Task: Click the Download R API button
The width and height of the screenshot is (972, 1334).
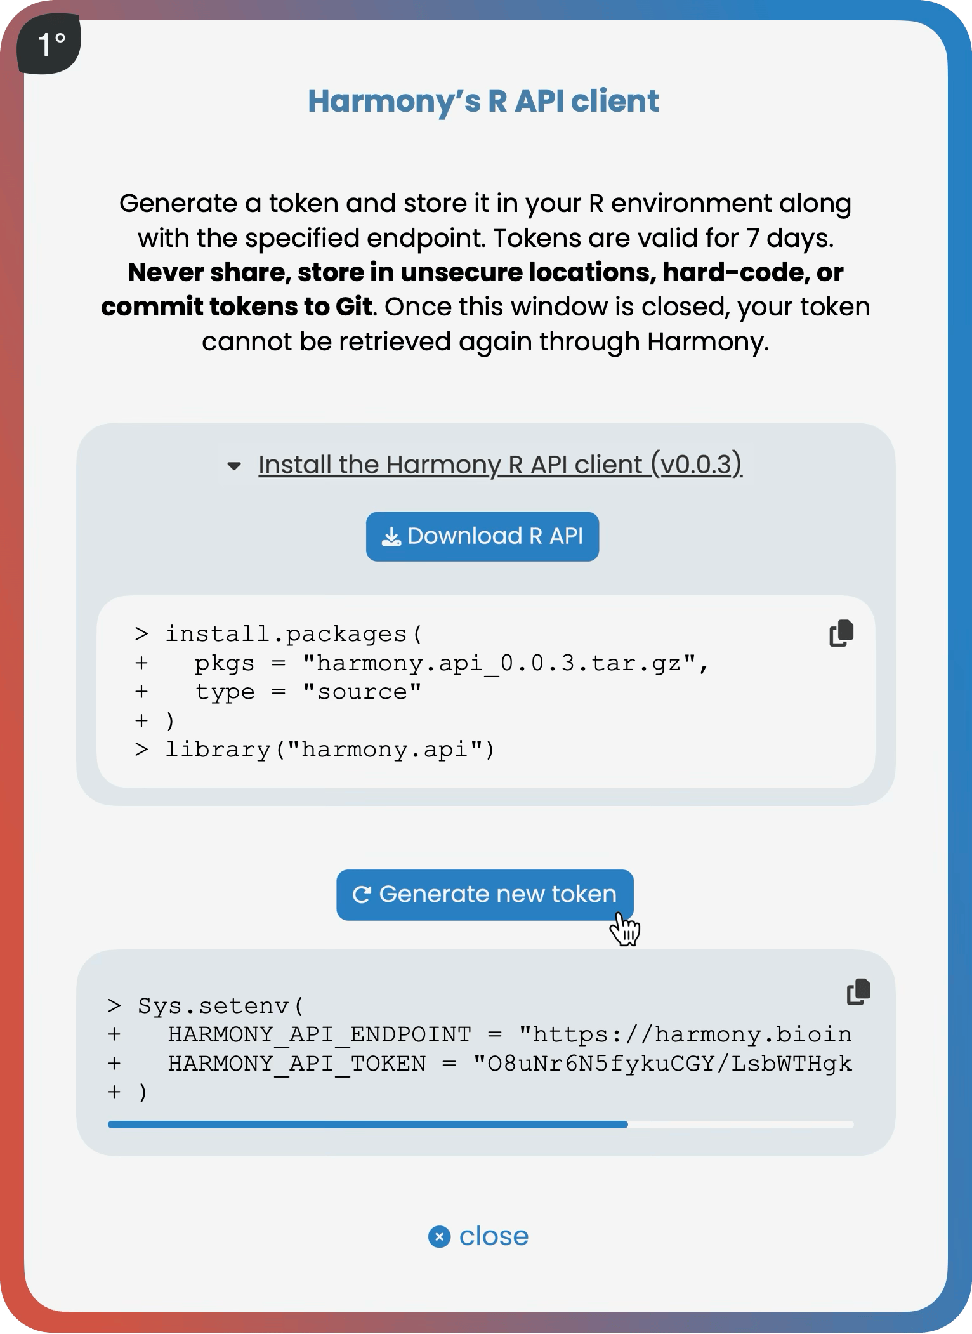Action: tap(482, 536)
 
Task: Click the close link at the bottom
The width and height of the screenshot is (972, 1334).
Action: tap(493, 1236)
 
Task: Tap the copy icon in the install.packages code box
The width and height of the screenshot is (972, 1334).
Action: tap(841, 633)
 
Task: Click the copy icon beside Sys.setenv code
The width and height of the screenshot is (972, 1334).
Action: tap(858, 992)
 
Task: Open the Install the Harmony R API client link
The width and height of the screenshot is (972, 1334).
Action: tap(500, 465)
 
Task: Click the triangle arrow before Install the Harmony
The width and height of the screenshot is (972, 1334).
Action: tap(234, 466)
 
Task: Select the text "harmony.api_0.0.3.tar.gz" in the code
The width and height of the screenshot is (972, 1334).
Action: tap(499, 663)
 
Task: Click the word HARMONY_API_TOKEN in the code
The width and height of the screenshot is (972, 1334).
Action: tap(296, 1063)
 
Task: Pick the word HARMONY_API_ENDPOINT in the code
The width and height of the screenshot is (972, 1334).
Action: tap(319, 1034)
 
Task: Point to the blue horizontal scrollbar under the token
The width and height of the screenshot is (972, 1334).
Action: tap(368, 1125)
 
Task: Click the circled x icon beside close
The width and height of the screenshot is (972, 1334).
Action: tap(439, 1236)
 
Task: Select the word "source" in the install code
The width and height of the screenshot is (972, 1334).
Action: tap(362, 692)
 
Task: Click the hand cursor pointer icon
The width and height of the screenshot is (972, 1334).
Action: tap(626, 930)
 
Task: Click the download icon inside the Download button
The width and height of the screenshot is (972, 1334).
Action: tap(391, 537)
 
